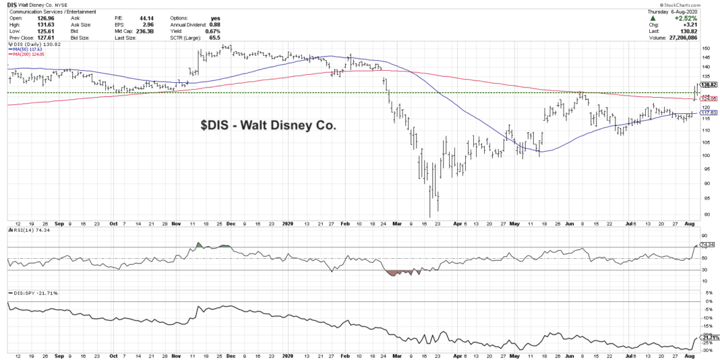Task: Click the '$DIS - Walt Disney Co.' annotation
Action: pyautogui.click(x=268, y=125)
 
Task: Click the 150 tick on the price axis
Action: pyautogui.click(x=704, y=49)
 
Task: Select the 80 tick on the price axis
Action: pyautogui.click(x=703, y=214)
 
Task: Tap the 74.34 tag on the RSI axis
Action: pyautogui.click(x=707, y=244)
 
